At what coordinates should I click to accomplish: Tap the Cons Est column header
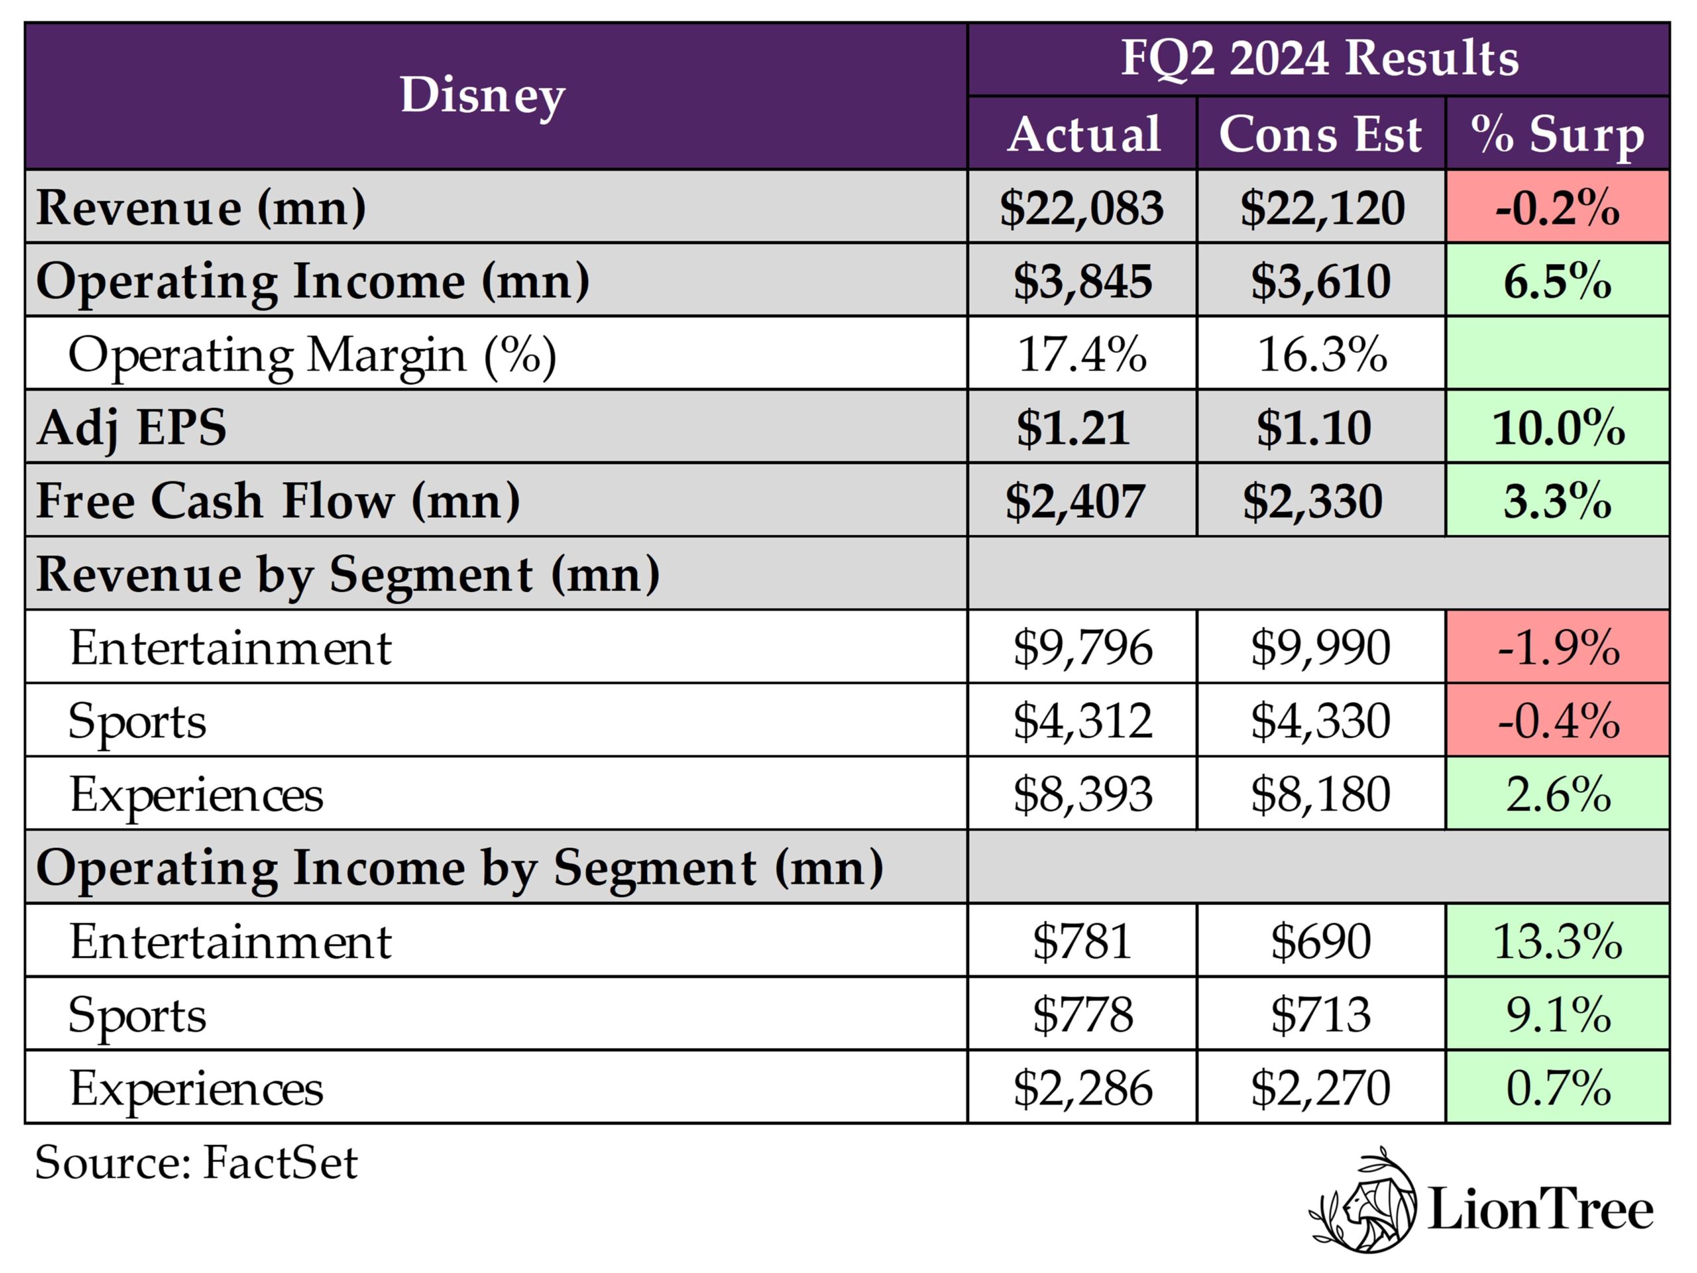pos(1320,135)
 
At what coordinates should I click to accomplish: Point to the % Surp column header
pos(1556,135)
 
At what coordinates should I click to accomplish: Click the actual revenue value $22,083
pos(1081,207)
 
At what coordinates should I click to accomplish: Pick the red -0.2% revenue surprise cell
pos(1556,207)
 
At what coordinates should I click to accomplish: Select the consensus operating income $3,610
pos(1320,281)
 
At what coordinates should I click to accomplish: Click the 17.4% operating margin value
pos(1081,355)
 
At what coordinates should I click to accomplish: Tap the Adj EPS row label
pos(132,428)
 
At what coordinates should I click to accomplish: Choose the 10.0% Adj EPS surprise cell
pos(1556,428)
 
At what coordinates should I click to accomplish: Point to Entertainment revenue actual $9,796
pos(1082,648)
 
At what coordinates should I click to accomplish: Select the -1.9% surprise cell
pos(1556,648)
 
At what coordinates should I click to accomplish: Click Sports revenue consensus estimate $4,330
pos(1320,721)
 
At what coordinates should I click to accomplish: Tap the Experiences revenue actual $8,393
pos(1082,794)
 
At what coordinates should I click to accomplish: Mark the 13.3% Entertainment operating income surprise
pos(1556,941)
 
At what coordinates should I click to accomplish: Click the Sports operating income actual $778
pos(1082,1014)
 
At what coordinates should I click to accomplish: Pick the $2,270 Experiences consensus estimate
pos(1320,1088)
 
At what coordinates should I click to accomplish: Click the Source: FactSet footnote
pos(196,1162)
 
